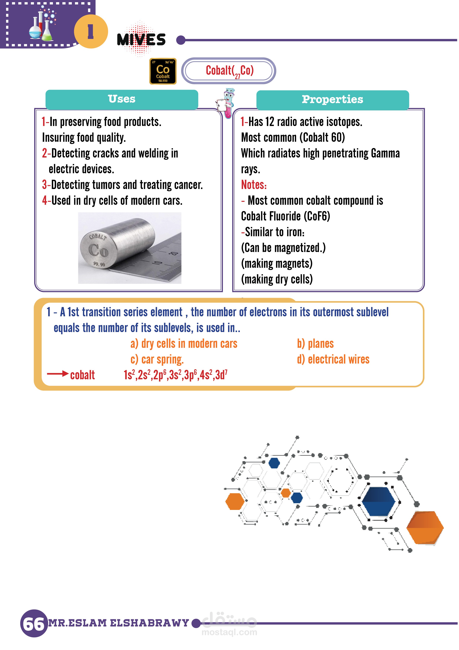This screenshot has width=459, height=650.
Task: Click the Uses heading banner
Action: pos(122,99)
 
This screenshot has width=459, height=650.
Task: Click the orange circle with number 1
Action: pos(91,31)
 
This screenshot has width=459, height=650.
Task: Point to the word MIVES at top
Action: pos(141,39)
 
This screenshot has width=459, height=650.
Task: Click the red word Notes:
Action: pos(254,185)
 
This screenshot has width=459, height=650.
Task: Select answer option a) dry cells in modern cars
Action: pos(184,344)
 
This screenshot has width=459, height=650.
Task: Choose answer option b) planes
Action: pos(315,344)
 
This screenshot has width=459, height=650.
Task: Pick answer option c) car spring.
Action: pos(157,359)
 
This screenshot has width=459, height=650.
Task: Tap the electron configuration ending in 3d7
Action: pos(175,375)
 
